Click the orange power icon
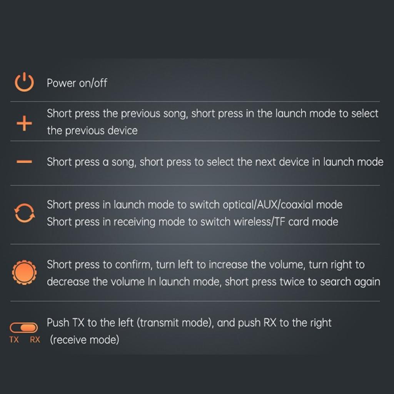[24, 87]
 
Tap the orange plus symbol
[24, 124]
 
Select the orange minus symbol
[24, 162]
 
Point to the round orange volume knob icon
[24, 273]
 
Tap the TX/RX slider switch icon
[23, 328]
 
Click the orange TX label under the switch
[14, 340]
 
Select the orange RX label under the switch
[35, 340]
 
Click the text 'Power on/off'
[77, 83]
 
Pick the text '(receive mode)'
[84, 340]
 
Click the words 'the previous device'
[92, 131]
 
